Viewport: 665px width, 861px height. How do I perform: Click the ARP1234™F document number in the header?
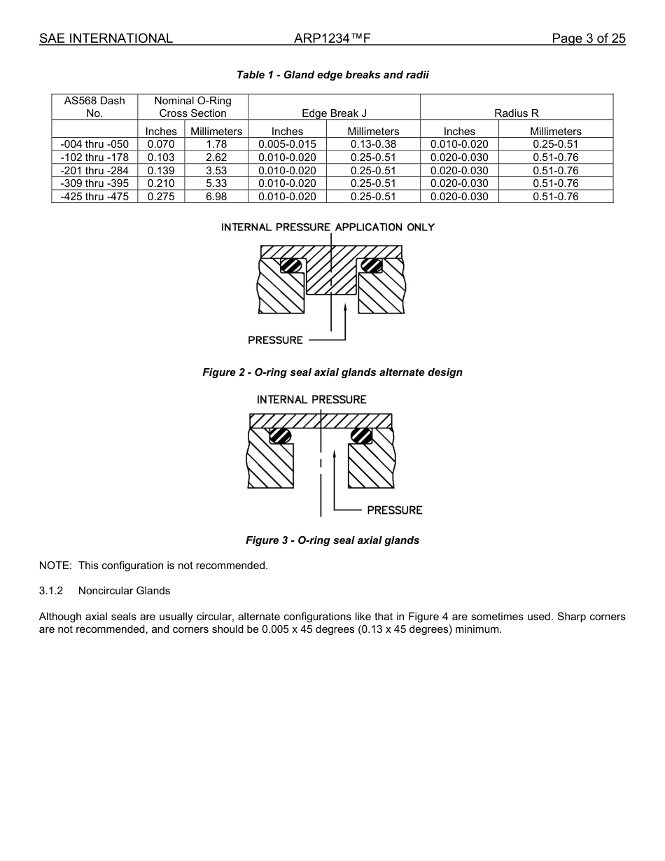pyautogui.click(x=332, y=38)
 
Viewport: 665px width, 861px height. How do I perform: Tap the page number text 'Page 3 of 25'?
pyautogui.click(x=588, y=38)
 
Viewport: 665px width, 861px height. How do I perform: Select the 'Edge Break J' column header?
pyautogui.click(x=334, y=113)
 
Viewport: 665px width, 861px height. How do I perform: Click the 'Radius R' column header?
pyautogui.click(x=516, y=113)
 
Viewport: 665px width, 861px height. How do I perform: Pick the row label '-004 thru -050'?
pyautogui.click(x=94, y=144)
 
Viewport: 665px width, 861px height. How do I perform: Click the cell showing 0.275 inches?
pyautogui.click(x=161, y=197)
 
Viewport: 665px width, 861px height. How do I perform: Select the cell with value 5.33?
pyautogui.click(x=216, y=183)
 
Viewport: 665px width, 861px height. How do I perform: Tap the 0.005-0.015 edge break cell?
pyautogui.click(x=287, y=144)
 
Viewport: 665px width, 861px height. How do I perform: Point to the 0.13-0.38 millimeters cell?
pyautogui.click(x=373, y=144)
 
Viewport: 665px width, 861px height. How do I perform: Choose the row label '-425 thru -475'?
pyautogui.click(x=94, y=197)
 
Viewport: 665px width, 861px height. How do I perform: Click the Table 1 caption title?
pyautogui.click(x=332, y=75)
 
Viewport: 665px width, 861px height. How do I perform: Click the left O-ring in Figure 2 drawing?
pyautogui.click(x=290, y=266)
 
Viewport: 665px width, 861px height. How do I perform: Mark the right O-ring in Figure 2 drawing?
pyautogui.click(x=372, y=266)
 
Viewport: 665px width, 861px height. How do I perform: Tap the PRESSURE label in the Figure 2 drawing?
pyautogui.click(x=275, y=340)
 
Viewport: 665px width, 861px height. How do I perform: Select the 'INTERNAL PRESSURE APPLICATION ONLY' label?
pyautogui.click(x=328, y=227)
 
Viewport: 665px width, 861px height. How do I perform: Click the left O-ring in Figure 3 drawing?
pyautogui.click(x=281, y=435)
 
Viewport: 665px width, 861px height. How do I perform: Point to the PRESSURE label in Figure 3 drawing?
pyautogui.click(x=395, y=510)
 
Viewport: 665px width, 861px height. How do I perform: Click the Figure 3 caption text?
pyautogui.click(x=332, y=540)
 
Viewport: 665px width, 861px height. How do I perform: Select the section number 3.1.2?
pyautogui.click(x=51, y=591)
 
